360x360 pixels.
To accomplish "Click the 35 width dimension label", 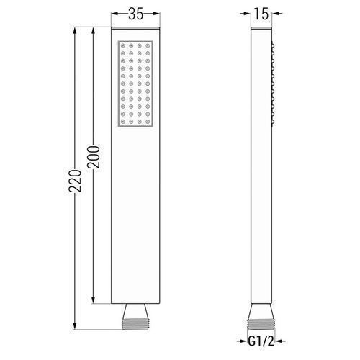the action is click(x=136, y=14).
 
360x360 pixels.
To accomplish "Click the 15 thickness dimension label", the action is click(x=261, y=14).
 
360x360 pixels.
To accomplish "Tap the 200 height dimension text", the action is click(x=94, y=157).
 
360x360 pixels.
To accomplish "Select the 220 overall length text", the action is click(x=75, y=181).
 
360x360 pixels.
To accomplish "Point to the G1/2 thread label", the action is click(x=261, y=341).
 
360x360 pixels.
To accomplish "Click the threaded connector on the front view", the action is click(x=135, y=324).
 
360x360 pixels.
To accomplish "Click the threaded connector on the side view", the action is click(x=261, y=324).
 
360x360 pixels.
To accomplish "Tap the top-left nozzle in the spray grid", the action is click(x=123, y=45).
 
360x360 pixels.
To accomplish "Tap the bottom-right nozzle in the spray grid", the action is click(x=148, y=122).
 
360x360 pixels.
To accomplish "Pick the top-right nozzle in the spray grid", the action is click(x=148, y=45).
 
